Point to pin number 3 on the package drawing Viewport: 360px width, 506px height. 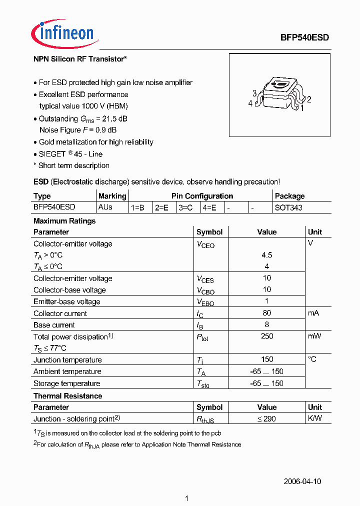[x=254, y=93]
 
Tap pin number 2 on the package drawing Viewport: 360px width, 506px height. [x=309, y=99]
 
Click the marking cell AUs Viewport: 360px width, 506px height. [x=105, y=207]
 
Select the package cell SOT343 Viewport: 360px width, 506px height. [x=288, y=207]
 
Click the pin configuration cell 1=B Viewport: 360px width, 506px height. [x=137, y=207]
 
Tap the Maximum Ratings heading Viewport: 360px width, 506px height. [x=64, y=221]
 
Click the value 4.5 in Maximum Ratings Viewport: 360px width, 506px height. [x=266, y=255]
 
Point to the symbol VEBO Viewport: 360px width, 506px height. [x=205, y=302]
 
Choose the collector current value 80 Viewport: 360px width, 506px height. [x=266, y=313]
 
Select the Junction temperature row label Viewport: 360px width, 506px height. [x=67, y=360]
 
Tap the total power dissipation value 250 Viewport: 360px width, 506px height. [x=267, y=336]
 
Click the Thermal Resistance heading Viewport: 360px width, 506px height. [x=67, y=396]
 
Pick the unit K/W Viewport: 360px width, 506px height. [x=315, y=418]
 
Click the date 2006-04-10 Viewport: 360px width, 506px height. [x=302, y=481]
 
